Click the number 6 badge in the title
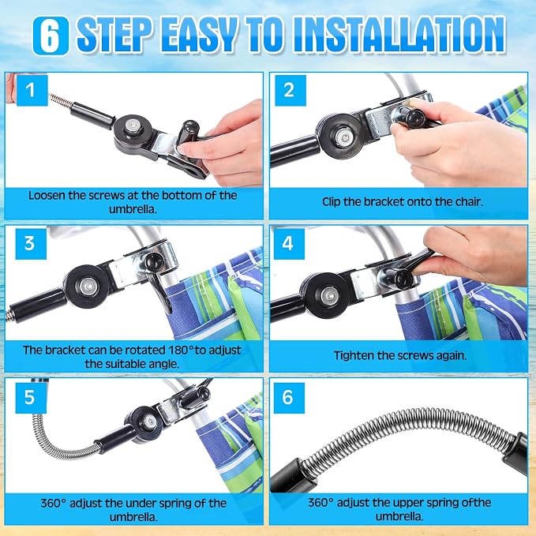pos(51,36)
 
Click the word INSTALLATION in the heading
pos(399,36)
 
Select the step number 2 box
pos(290,90)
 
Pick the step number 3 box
pos(31,244)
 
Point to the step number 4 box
pos(289,244)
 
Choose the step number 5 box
pos(31,398)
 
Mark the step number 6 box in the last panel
pos(289,398)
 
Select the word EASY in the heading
pos(197,36)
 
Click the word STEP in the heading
pos(114,36)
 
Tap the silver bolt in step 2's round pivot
pos(342,137)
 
